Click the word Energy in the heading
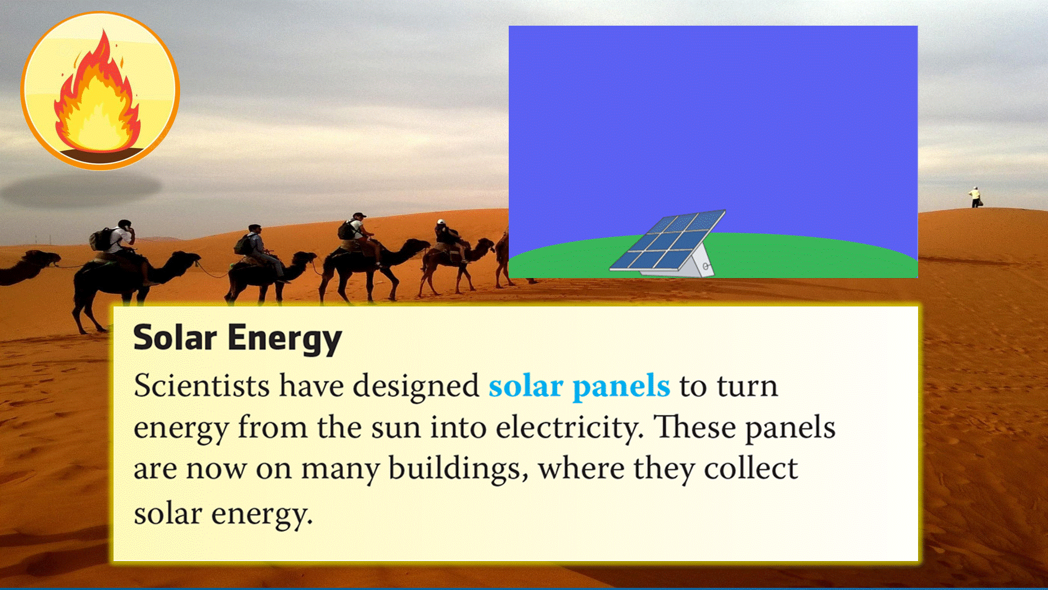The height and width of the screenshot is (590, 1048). (x=284, y=339)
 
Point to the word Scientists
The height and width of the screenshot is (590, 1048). (x=201, y=386)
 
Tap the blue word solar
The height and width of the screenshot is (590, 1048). (x=526, y=386)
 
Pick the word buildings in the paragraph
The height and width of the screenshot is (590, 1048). (x=458, y=469)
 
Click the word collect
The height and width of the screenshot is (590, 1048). (x=751, y=468)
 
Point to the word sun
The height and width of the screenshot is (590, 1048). (x=396, y=429)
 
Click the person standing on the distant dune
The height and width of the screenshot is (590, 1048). (x=975, y=197)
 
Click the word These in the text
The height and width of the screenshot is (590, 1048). (x=695, y=427)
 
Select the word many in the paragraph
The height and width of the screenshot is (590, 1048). (x=341, y=470)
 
